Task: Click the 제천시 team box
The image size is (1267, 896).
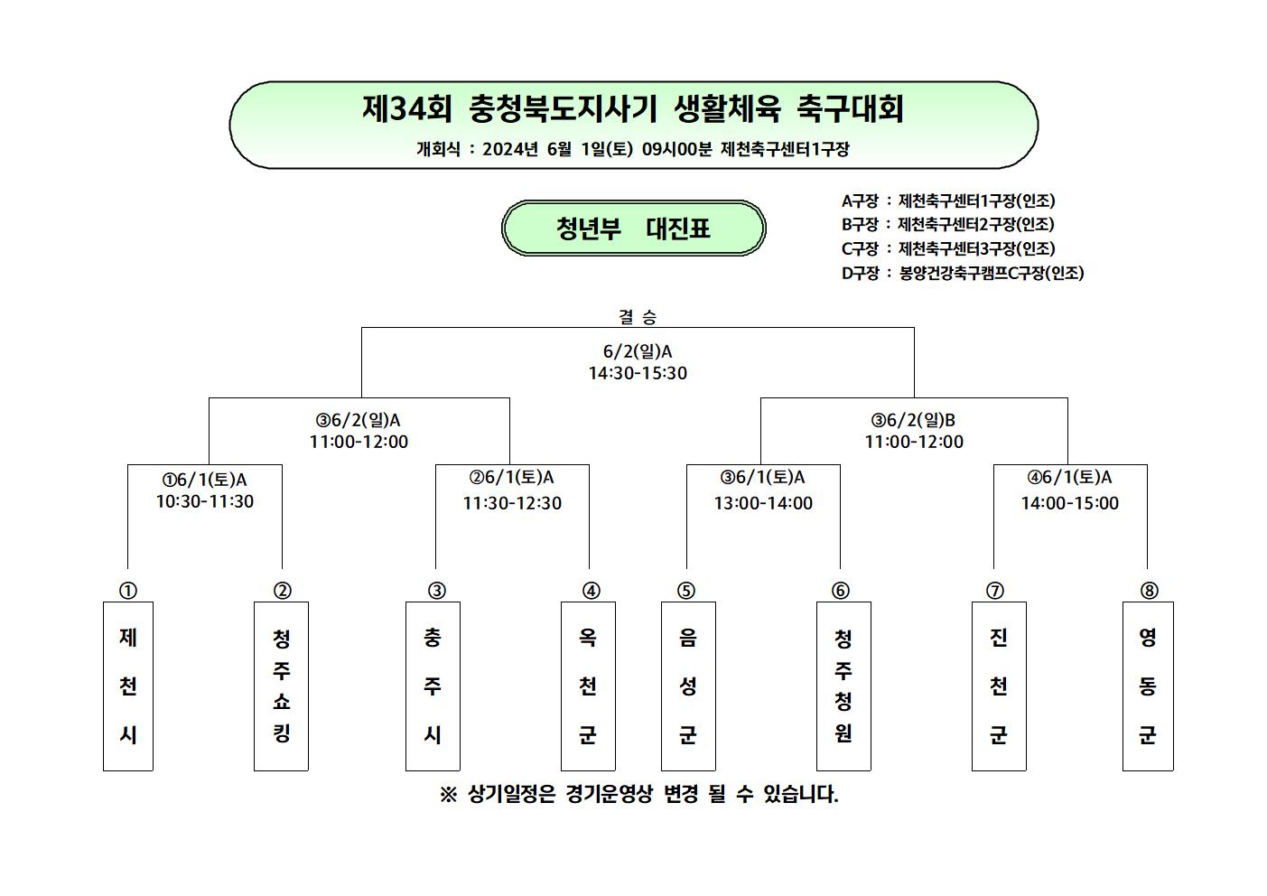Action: pyautogui.click(x=128, y=686)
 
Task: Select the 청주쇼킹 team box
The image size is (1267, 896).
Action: pyautogui.click(x=281, y=686)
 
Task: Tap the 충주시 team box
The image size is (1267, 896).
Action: pyautogui.click(x=433, y=686)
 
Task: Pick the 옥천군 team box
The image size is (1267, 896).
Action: pyautogui.click(x=588, y=686)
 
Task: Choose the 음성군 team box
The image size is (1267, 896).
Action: pyautogui.click(x=688, y=686)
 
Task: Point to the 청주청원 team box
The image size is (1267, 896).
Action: pyautogui.click(x=843, y=686)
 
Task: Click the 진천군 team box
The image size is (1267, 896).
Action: pyautogui.click(x=999, y=686)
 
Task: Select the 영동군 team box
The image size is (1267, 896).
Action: pyautogui.click(x=1148, y=686)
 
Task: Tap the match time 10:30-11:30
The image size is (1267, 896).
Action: pyautogui.click(x=205, y=501)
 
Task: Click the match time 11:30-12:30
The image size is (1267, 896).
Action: pyautogui.click(x=512, y=503)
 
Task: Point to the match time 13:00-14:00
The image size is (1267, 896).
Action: pyautogui.click(x=763, y=503)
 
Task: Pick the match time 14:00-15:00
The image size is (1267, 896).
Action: pyautogui.click(x=1069, y=503)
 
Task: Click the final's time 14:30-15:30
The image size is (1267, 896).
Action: pyautogui.click(x=638, y=373)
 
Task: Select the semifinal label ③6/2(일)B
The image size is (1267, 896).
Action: pyautogui.click(x=913, y=420)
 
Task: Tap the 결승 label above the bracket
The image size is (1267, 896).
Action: pyautogui.click(x=638, y=317)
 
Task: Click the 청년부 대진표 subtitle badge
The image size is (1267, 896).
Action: pyautogui.click(x=634, y=228)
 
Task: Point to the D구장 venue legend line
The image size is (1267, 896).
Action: pyautogui.click(x=963, y=273)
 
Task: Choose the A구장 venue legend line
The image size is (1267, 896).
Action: pyautogui.click(x=948, y=201)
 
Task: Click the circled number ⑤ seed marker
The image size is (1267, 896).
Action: pyautogui.click(x=686, y=591)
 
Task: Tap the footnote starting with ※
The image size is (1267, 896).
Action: pyautogui.click(x=638, y=794)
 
